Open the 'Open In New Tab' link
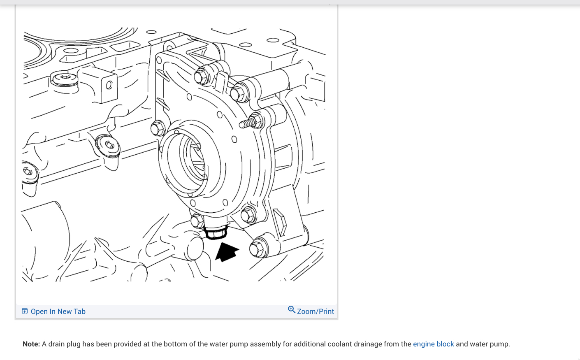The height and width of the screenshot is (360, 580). click(58, 311)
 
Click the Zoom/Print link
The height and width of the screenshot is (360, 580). click(315, 311)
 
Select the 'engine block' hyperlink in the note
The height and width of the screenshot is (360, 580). click(433, 344)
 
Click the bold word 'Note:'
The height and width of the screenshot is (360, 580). click(31, 344)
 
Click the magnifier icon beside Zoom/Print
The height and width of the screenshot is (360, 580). click(291, 310)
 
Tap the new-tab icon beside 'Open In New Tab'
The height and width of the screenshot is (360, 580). click(25, 311)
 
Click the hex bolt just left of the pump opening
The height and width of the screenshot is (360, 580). click(157, 128)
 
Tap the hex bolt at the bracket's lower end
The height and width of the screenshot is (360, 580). click(258, 248)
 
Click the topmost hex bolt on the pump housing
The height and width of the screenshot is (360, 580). click(202, 76)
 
